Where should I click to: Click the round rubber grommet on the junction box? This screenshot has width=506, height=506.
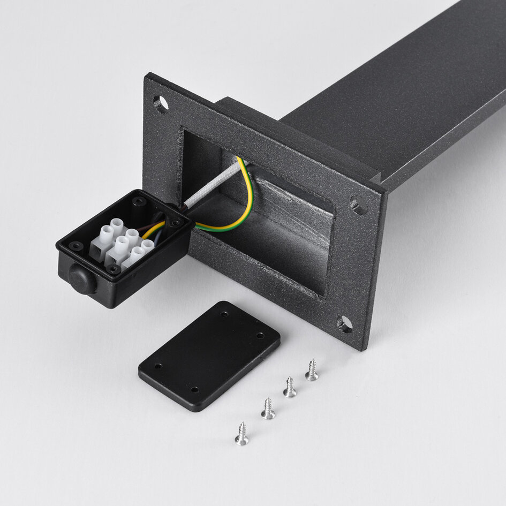pos(82,279)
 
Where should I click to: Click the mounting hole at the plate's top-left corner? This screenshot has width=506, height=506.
pos(160,103)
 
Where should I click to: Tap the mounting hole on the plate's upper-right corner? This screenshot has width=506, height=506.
pos(358,205)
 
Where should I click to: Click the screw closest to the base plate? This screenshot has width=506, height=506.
pos(312,371)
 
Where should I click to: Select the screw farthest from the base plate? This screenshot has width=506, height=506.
pos(242,434)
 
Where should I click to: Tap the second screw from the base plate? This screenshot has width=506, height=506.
pos(290,388)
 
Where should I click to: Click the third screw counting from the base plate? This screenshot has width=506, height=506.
pos(268,410)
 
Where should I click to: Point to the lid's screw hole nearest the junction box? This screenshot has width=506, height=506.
pos(158,367)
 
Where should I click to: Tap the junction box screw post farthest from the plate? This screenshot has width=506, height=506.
pos(76,246)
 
